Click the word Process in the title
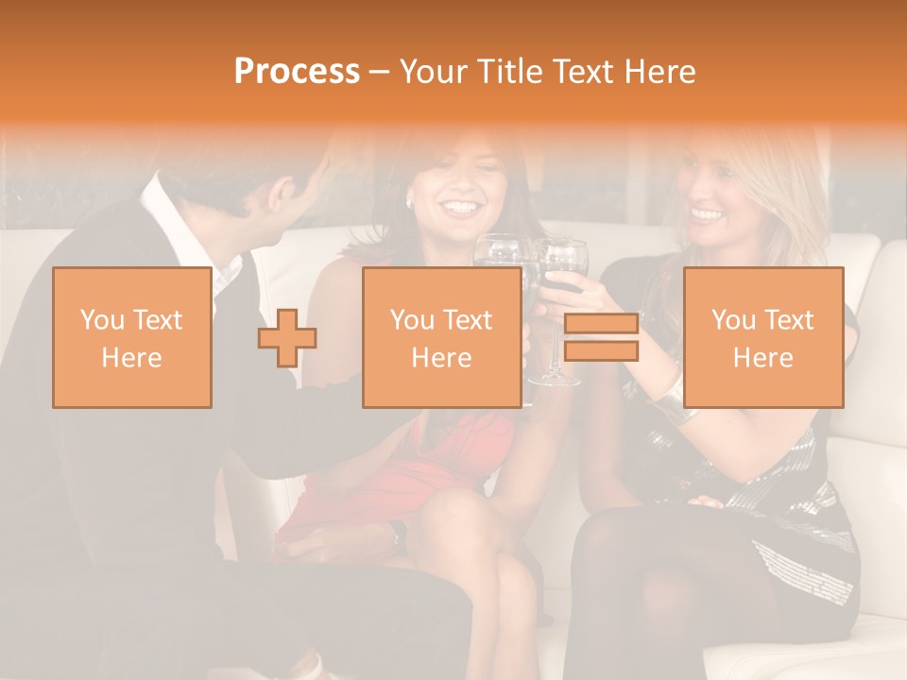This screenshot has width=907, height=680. click(x=297, y=72)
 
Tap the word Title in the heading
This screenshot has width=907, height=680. click(x=508, y=72)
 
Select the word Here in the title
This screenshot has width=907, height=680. click(x=659, y=72)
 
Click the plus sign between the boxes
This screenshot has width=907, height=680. click(x=287, y=338)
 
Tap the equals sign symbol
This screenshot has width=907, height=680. click(x=601, y=337)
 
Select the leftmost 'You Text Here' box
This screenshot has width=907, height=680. click(x=132, y=338)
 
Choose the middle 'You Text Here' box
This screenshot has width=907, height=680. click(x=442, y=338)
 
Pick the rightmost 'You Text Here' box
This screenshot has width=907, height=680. click(x=763, y=338)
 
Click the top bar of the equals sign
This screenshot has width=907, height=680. click(x=601, y=324)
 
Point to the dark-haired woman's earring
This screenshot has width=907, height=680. click(x=410, y=202)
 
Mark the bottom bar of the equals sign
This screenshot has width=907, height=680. click(x=601, y=350)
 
